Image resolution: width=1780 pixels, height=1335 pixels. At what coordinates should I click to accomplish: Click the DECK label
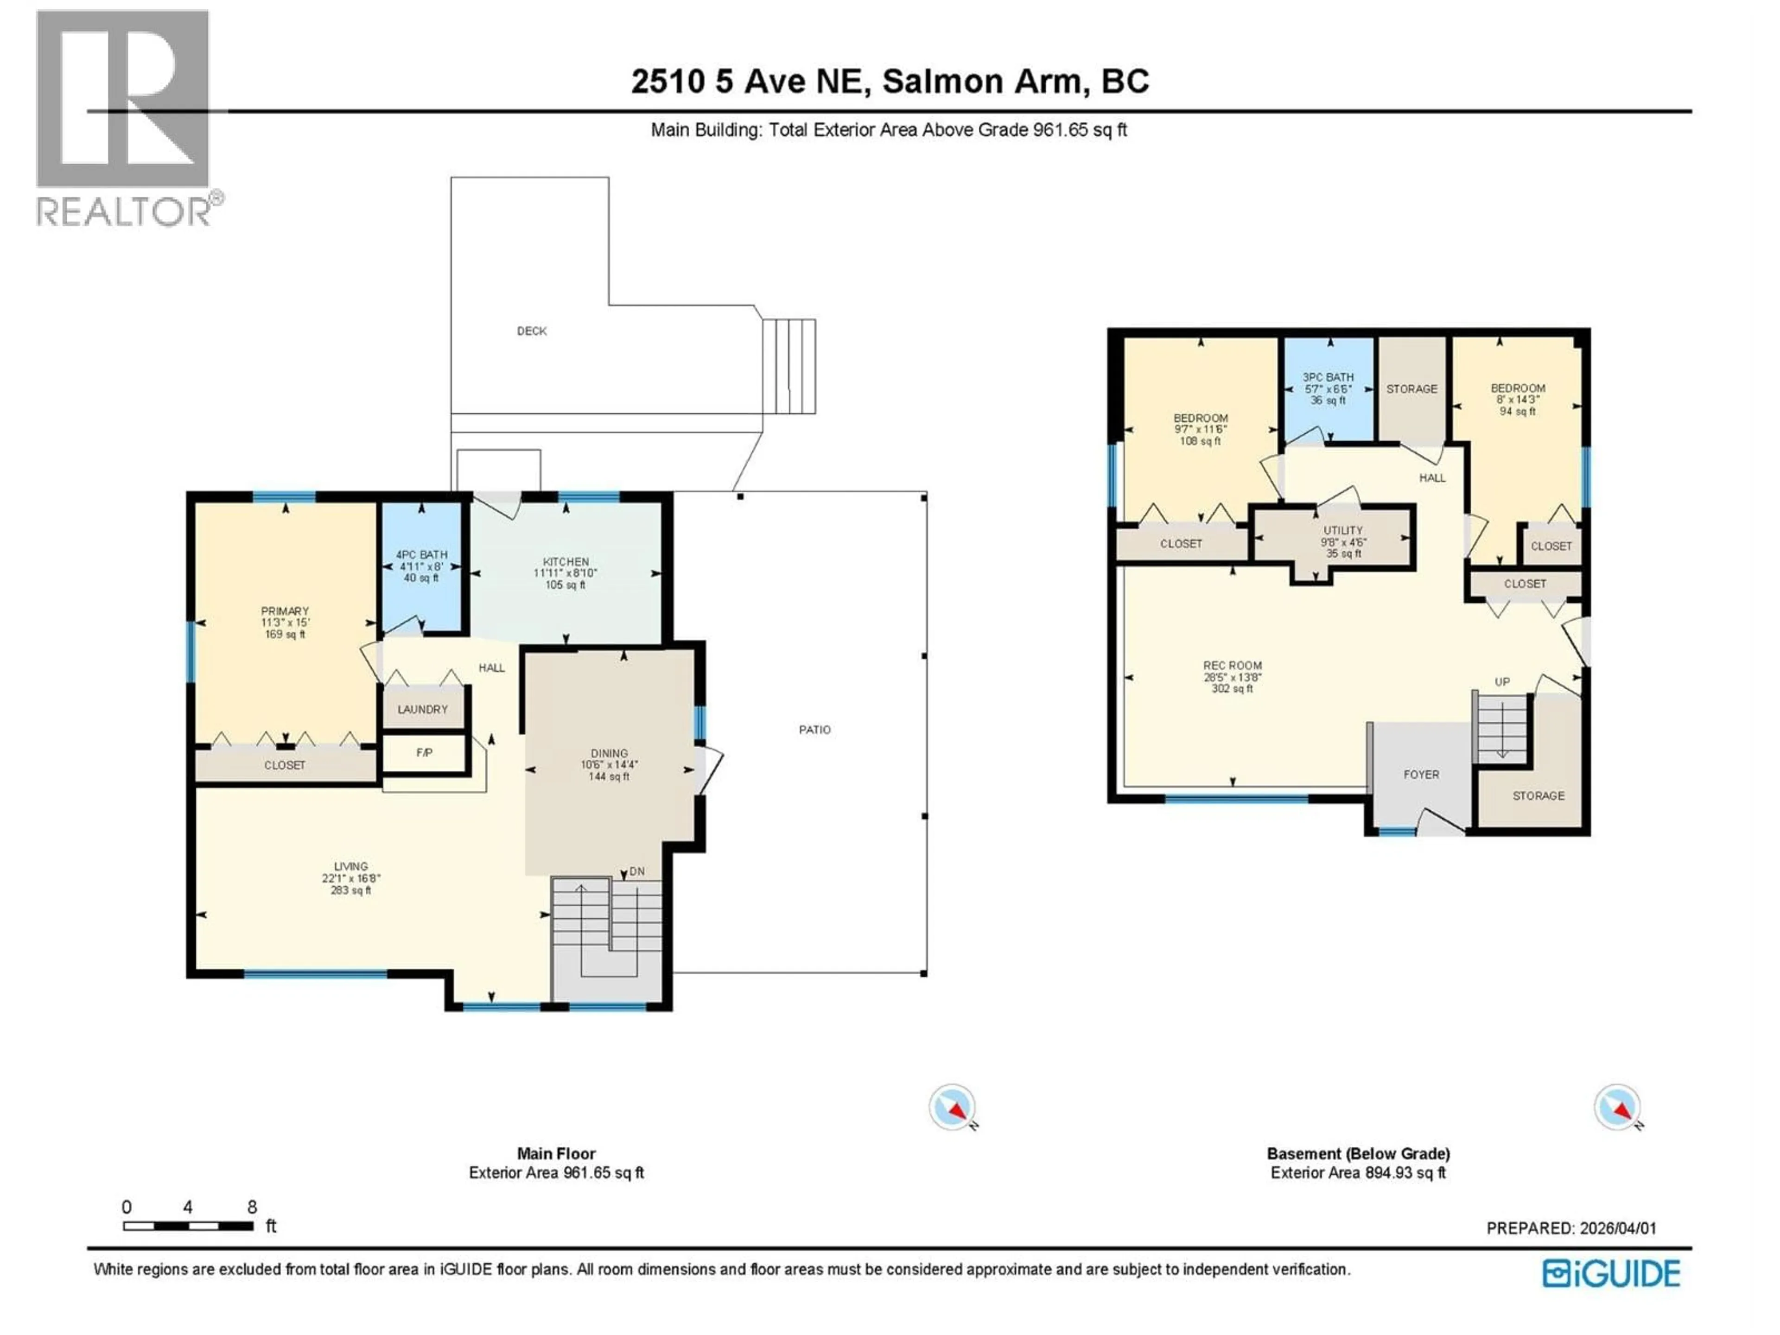tap(531, 331)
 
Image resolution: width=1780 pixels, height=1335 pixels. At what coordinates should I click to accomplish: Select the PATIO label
tap(814, 730)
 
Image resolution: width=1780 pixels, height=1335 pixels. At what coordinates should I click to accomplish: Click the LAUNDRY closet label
tap(422, 709)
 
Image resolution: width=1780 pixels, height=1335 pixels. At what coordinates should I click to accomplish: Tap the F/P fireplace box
tap(424, 752)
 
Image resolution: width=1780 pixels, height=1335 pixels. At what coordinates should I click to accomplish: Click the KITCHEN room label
tap(566, 562)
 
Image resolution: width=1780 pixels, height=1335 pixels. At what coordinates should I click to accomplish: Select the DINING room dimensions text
tap(609, 765)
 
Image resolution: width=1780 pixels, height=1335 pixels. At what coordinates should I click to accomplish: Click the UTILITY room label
tap(1343, 530)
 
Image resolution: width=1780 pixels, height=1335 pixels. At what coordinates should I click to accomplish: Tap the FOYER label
tap(1421, 774)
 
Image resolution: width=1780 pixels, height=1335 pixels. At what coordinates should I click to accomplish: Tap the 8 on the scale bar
tap(252, 1207)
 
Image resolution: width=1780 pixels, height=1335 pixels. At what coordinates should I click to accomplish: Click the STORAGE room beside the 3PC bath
tap(1411, 388)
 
